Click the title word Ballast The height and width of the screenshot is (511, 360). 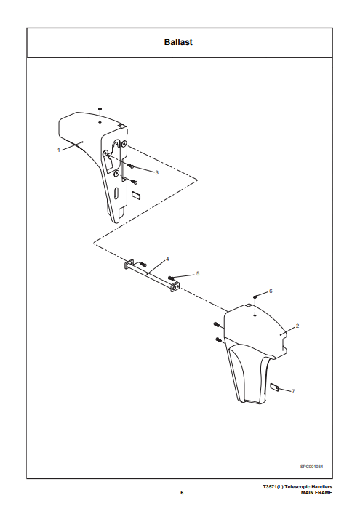(178, 42)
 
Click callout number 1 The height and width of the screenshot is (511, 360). (59, 150)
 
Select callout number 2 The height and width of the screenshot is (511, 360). (297, 326)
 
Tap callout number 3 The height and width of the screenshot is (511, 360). (156, 172)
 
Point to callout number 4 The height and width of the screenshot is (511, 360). (167, 259)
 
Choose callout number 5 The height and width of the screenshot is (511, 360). (198, 274)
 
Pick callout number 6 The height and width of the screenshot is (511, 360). (271, 291)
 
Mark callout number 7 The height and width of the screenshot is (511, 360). (293, 391)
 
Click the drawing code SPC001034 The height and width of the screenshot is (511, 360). (312, 467)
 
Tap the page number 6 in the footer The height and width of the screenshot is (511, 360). (182, 492)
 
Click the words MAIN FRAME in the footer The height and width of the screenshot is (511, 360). (316, 492)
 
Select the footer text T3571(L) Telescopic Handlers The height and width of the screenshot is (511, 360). (297, 487)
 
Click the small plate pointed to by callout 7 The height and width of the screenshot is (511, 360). (274, 387)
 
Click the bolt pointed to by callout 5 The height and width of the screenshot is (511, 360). (171, 278)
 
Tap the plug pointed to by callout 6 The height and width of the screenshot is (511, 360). (255, 297)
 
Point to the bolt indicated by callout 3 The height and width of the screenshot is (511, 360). (131, 166)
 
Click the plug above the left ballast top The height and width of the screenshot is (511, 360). (100, 108)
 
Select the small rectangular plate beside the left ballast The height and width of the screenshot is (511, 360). (136, 195)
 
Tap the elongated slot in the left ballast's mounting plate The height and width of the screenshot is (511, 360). (116, 192)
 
